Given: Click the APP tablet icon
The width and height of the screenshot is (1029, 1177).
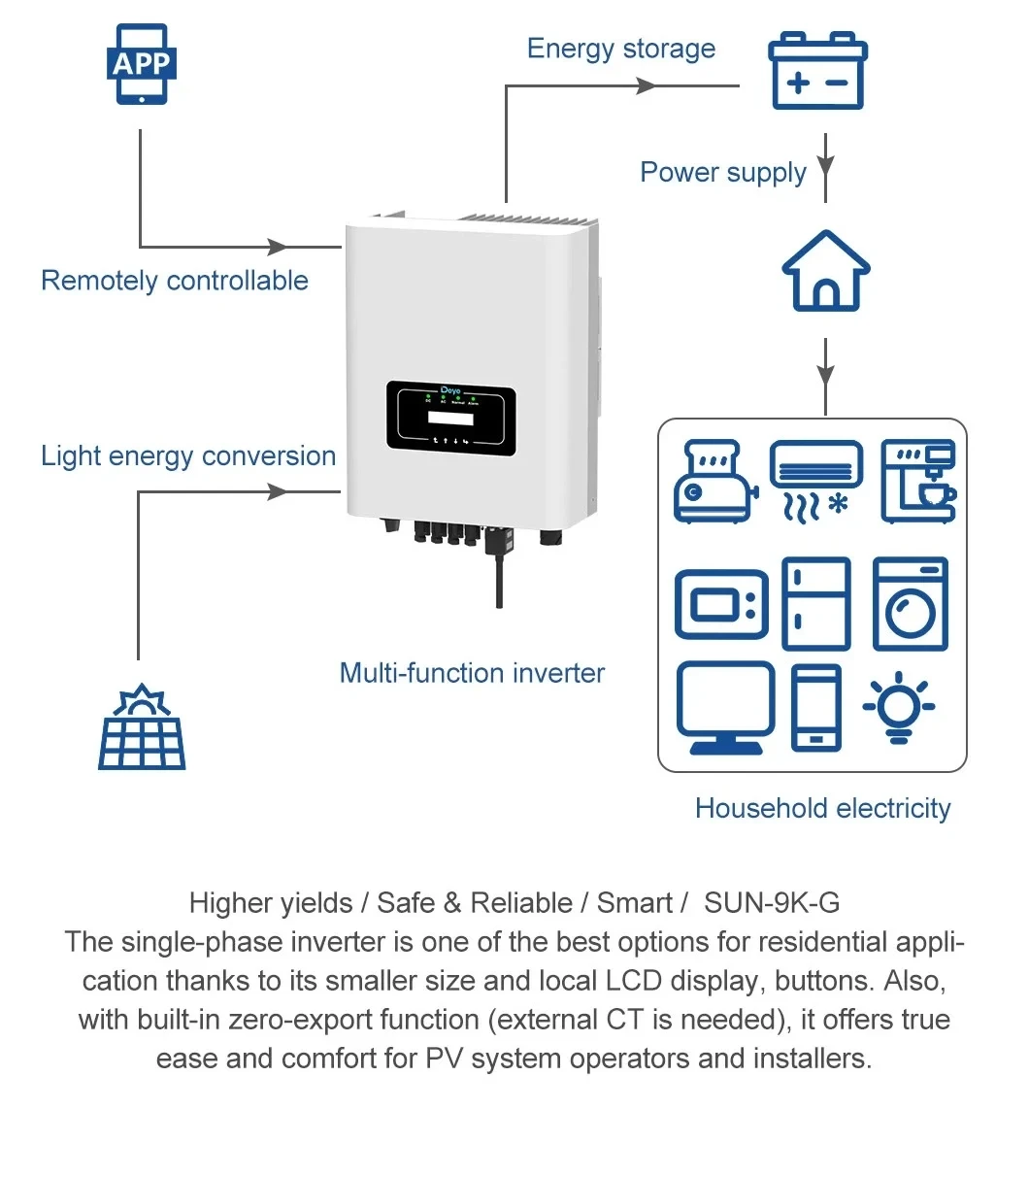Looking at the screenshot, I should [142, 64].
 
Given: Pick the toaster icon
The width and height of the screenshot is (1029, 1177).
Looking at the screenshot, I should [715, 482].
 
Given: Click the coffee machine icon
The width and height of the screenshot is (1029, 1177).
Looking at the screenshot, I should [918, 482].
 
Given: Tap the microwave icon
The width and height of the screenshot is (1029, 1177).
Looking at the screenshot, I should [720, 604].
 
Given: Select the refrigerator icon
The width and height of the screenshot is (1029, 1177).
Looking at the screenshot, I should [816, 603].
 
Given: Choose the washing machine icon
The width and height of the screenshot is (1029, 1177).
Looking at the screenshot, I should [910, 603].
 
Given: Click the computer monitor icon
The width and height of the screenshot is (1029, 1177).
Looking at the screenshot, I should [725, 707].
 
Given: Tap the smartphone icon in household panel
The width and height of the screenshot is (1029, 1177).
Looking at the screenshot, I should [816, 707].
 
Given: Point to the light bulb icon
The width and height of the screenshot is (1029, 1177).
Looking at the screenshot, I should [899, 707].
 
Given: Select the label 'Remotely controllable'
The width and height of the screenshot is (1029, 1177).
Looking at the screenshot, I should [175, 281].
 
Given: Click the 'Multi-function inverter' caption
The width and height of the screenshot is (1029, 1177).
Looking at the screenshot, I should [472, 673].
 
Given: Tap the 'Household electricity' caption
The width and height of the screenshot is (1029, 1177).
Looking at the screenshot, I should [822, 808].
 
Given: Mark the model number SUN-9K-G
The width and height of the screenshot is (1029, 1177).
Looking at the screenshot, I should [772, 903].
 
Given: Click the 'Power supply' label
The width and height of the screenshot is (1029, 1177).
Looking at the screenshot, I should [723, 172].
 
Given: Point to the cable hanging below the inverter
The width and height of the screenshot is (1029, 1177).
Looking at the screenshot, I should [499, 578].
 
